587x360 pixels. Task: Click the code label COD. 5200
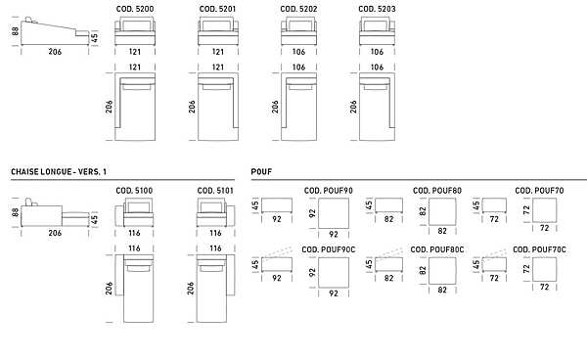tap(135, 9)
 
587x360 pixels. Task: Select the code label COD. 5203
tap(377, 9)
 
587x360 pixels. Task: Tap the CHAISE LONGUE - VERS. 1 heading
tap(59, 172)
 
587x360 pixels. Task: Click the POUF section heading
tap(261, 172)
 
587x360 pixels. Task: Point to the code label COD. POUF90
tap(329, 191)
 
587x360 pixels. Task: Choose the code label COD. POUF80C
tap(437, 249)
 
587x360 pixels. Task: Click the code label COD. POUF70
tap(539, 191)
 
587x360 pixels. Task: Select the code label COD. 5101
tap(215, 191)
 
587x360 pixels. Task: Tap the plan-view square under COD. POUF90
tap(334, 213)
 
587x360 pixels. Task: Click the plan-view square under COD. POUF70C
tap(544, 269)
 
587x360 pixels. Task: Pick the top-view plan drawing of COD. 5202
tap(298, 107)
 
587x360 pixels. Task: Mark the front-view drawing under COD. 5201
tap(218, 31)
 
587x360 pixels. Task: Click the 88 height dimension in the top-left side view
tap(15, 31)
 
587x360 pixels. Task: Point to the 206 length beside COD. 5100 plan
tap(109, 289)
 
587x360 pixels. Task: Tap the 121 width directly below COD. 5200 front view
tap(135, 52)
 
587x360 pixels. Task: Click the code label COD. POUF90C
tap(329, 249)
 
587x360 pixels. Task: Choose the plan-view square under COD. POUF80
tap(442, 211)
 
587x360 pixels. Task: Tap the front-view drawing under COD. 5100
tap(134, 212)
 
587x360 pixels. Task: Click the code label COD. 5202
tap(298, 9)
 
